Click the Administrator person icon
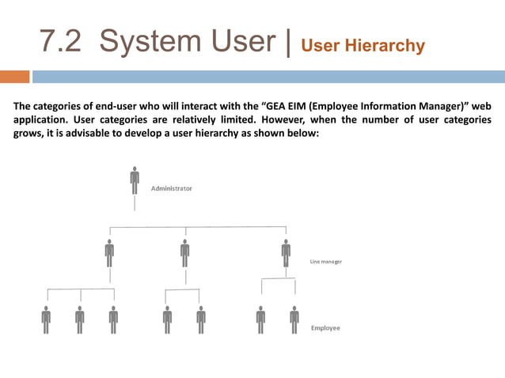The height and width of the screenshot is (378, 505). tap(135, 180)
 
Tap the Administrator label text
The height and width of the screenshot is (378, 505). tap(172, 189)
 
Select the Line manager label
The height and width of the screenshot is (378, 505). tap(325, 261)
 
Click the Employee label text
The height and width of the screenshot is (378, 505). tap(325, 327)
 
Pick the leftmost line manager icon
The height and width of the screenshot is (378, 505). tap(109, 252)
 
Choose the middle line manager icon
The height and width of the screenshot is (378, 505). tap(185, 252)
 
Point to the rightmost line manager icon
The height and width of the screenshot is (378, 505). tap(286, 252)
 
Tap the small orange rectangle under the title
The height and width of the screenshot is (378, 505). tap(14, 77)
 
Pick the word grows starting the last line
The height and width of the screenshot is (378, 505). tap(30, 133)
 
